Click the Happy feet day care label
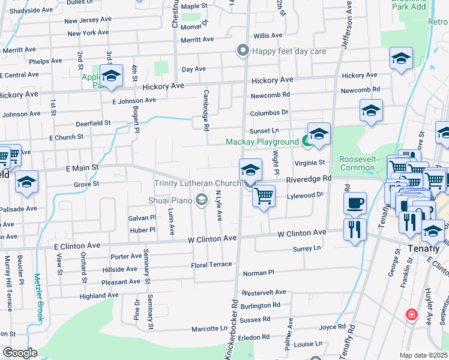click(289, 51)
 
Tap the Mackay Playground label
click(262, 142)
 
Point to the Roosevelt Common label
click(357, 163)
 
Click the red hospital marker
click(412, 314)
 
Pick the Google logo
click(19, 353)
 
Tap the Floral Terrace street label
click(211, 265)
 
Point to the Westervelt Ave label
click(264, 292)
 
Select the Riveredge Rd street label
click(309, 179)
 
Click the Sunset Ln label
click(265, 130)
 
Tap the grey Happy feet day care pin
click(243, 50)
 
